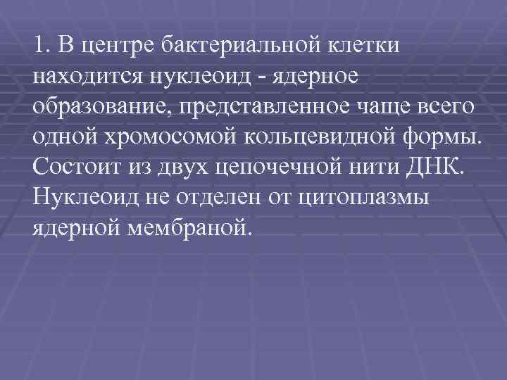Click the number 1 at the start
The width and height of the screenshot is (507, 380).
coord(37,46)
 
